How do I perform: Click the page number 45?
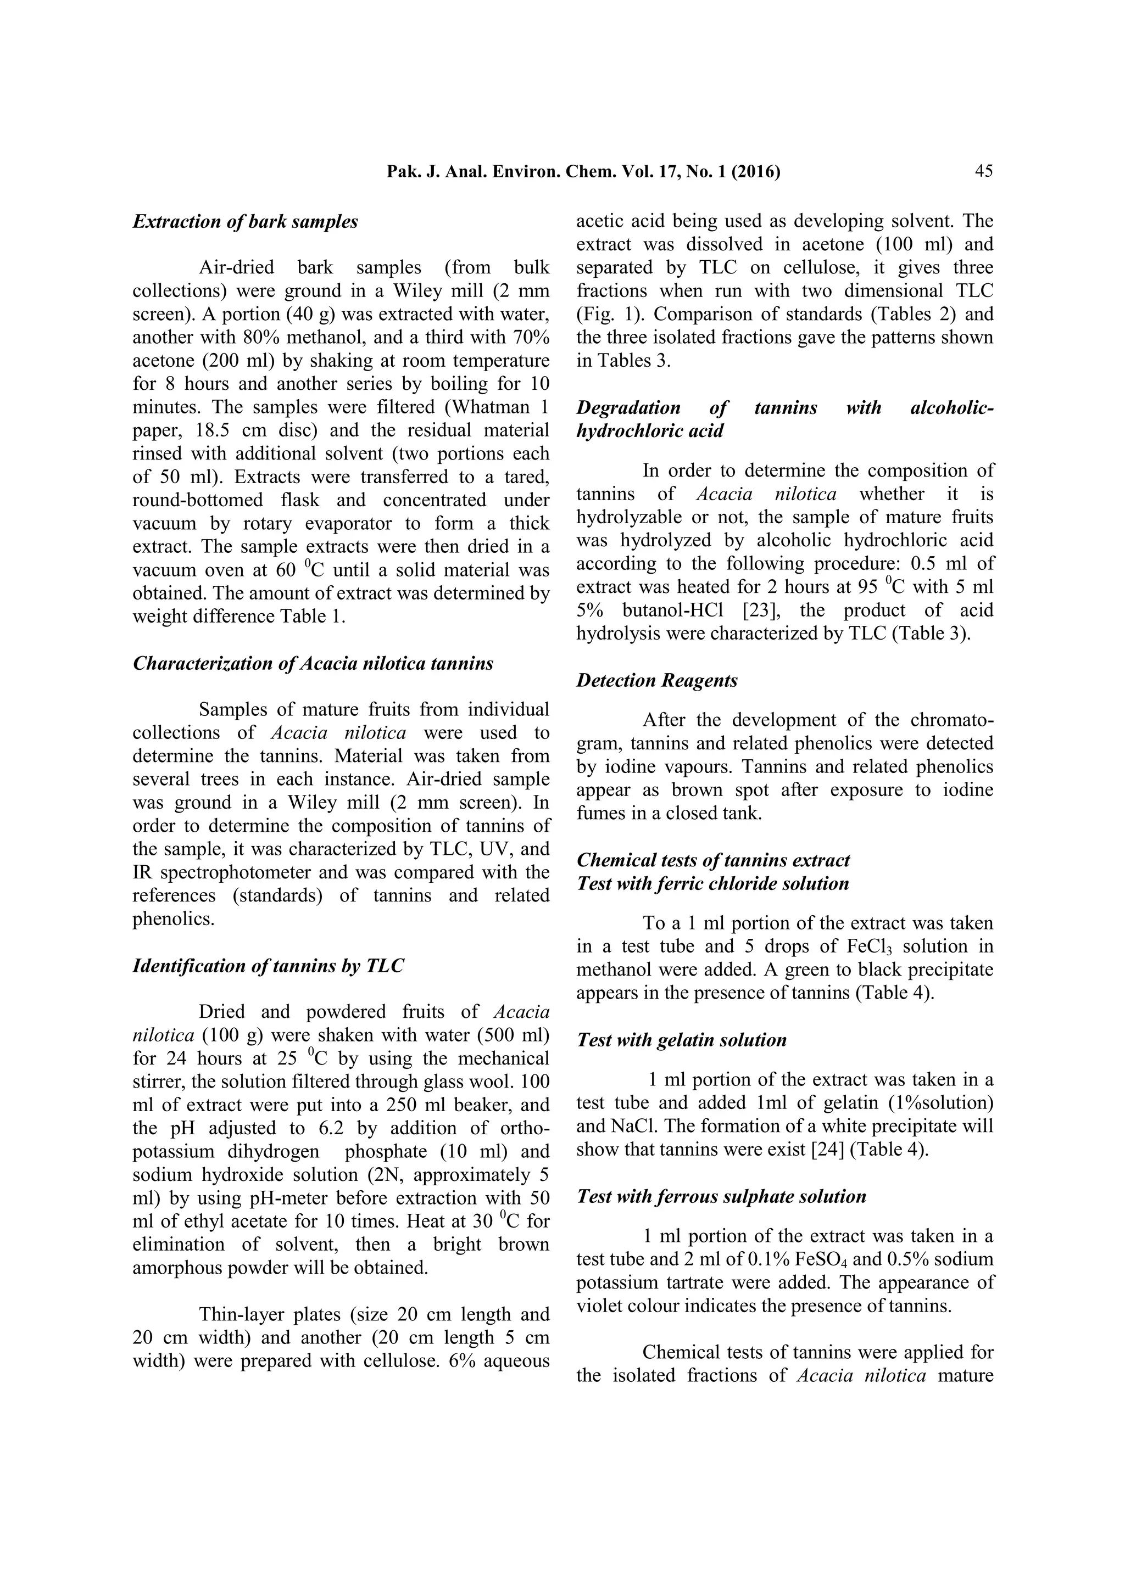pyautogui.click(x=983, y=171)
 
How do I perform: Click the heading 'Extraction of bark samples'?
pyautogui.click(x=246, y=222)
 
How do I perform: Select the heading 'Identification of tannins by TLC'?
pyautogui.click(x=268, y=966)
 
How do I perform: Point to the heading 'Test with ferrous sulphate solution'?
pyautogui.click(x=721, y=1197)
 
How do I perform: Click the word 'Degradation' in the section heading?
pyautogui.click(x=628, y=407)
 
